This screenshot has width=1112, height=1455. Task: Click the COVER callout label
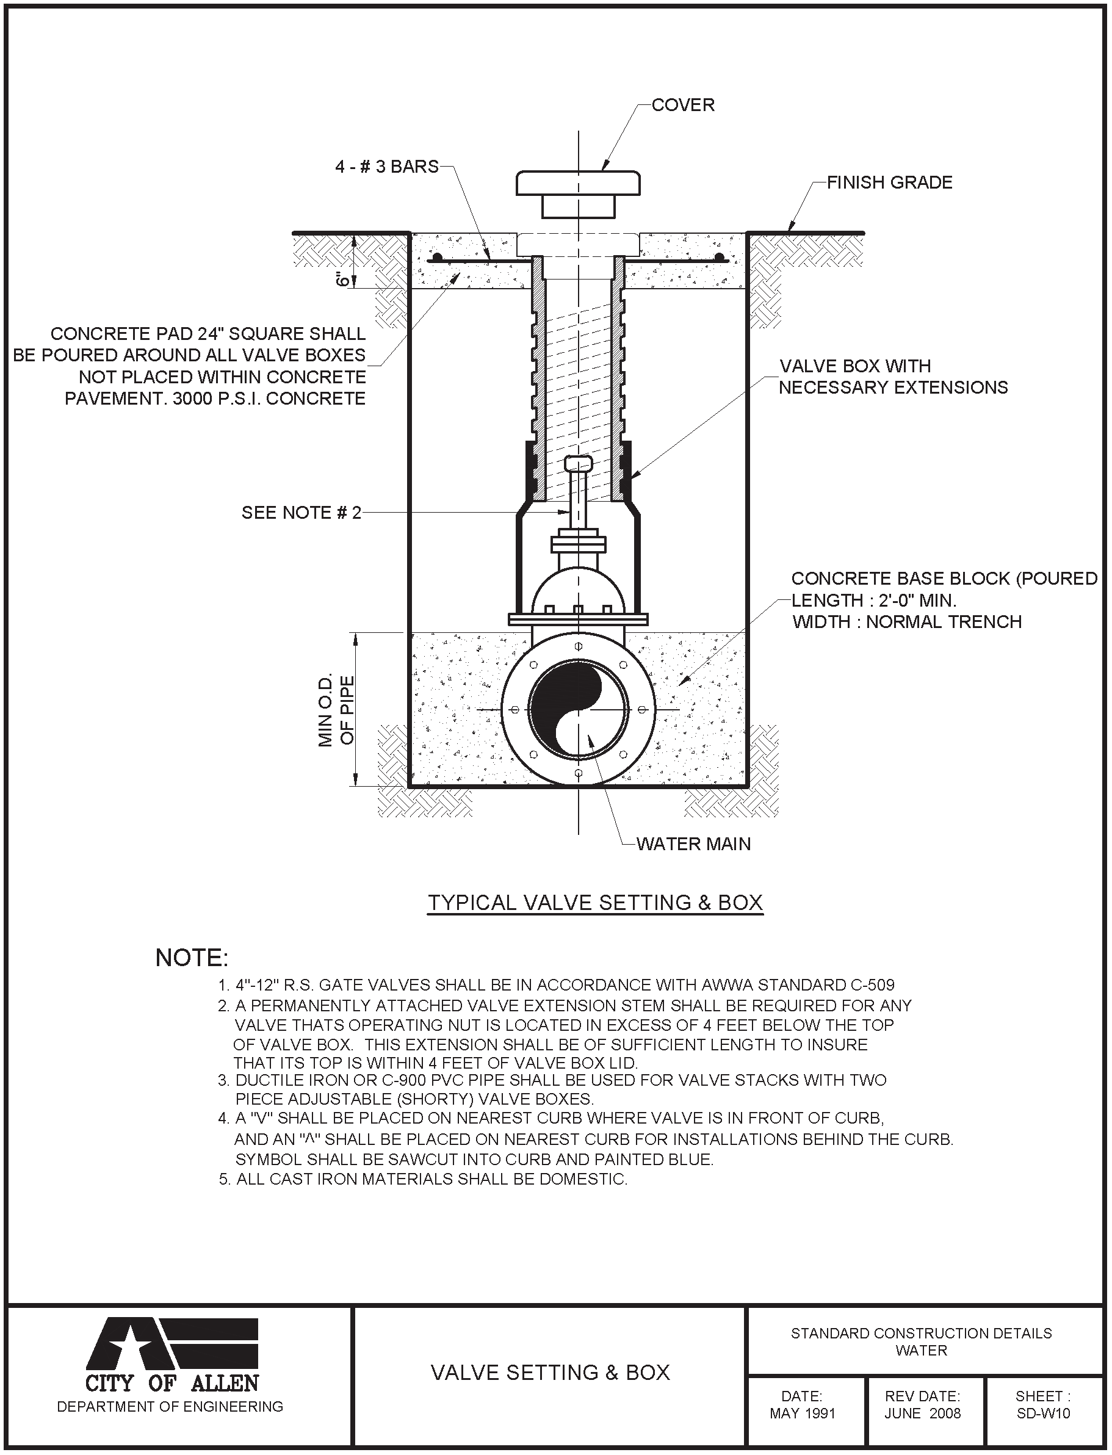(x=682, y=105)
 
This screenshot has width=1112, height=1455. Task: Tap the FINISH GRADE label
(x=889, y=182)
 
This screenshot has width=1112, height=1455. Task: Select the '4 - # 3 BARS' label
(x=386, y=167)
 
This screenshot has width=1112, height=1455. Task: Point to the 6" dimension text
(x=343, y=279)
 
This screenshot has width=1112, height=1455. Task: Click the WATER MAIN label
(x=693, y=844)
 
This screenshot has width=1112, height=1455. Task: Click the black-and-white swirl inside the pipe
(x=578, y=710)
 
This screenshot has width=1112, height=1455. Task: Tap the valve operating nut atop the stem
(x=578, y=463)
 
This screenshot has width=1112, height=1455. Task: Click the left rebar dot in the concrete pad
(x=437, y=257)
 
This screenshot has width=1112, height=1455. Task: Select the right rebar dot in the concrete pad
(x=720, y=257)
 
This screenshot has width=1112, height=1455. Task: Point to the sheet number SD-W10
(x=1042, y=1413)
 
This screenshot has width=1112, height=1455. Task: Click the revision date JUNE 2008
(x=922, y=1413)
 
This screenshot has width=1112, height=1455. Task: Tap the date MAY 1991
(x=802, y=1413)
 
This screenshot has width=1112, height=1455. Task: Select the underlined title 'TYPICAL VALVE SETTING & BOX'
(x=595, y=903)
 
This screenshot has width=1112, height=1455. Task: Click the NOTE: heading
(x=191, y=958)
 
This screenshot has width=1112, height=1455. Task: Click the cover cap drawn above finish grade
(x=578, y=183)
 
